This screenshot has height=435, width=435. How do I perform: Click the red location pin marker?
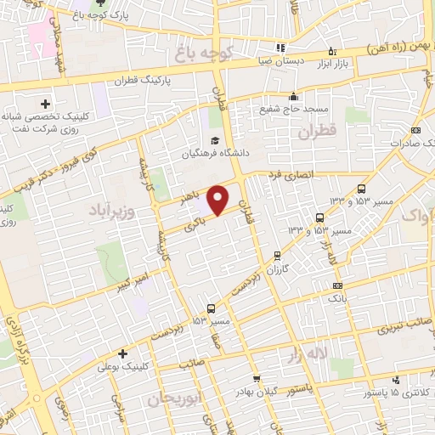[x=218, y=200]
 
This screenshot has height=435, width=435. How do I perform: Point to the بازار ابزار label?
[x=334, y=65]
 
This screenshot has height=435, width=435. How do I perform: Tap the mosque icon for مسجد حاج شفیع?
[x=293, y=95]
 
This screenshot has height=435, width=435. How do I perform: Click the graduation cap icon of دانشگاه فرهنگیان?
[x=215, y=139]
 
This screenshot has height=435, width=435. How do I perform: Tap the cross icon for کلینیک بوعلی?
[x=123, y=353]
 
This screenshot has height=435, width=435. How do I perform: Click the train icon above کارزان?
[x=277, y=255]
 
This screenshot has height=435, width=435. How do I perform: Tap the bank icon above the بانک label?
[x=338, y=286]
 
